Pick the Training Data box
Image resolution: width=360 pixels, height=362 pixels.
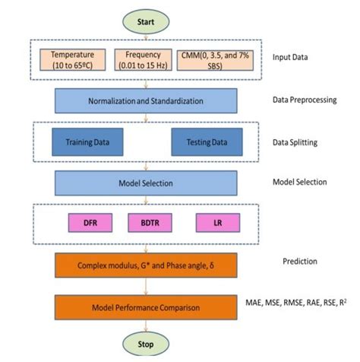click(85, 142)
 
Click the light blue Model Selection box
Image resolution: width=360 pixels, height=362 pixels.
click(146, 183)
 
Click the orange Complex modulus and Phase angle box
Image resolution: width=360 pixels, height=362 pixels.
click(146, 265)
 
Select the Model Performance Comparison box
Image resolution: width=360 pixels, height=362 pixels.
click(146, 306)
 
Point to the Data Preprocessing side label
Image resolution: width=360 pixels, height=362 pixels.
click(305, 100)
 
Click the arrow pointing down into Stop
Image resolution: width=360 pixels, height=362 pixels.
click(147, 327)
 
